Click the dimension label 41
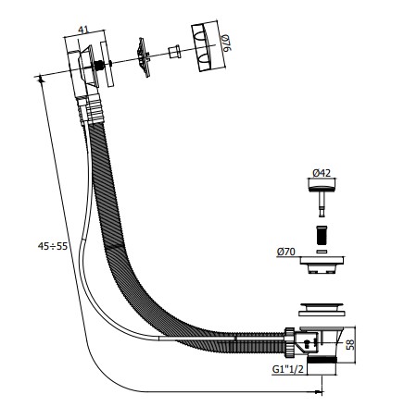(x=83, y=30)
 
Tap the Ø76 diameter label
(x=226, y=43)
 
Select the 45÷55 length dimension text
(x=53, y=246)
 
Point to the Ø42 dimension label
(x=322, y=173)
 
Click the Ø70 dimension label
(x=286, y=252)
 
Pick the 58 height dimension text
(x=350, y=344)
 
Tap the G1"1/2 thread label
(x=287, y=369)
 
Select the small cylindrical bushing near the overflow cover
(x=174, y=52)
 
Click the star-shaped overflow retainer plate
(x=143, y=57)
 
